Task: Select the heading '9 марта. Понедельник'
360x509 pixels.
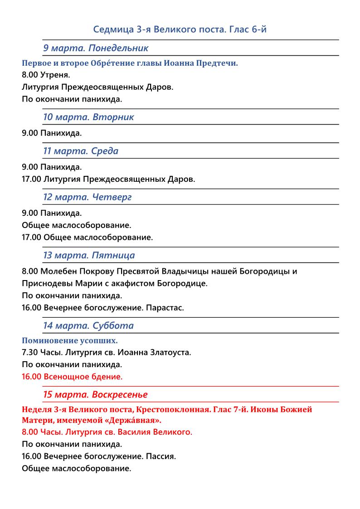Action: pos(96,48)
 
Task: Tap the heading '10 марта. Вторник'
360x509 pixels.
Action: pos(88,117)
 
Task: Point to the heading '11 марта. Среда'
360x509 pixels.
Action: pos(81,151)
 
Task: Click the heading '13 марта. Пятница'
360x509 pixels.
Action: pos(89,255)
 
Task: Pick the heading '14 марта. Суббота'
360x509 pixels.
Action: pos(88,325)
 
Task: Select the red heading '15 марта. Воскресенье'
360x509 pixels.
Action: pos(95,394)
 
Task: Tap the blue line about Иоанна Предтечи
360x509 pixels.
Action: pos(130,63)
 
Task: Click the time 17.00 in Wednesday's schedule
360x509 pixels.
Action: pos(31,179)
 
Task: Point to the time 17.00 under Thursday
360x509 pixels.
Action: pos(31,237)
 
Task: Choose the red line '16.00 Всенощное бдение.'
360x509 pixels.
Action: pos(72,376)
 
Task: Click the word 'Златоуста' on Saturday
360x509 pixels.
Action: pos(173,352)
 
